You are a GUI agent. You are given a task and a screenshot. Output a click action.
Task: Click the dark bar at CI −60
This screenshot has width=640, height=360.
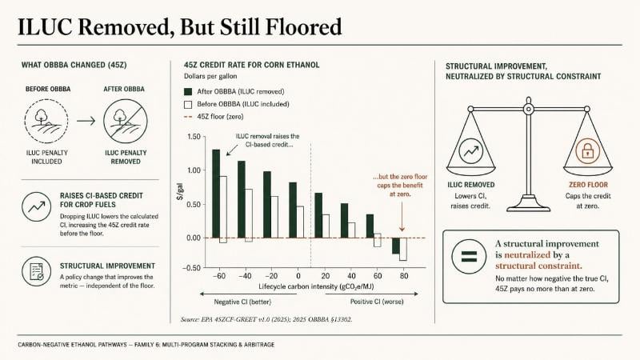coord(216,194)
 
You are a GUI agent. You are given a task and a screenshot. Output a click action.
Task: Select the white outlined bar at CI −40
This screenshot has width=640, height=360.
coord(249,215)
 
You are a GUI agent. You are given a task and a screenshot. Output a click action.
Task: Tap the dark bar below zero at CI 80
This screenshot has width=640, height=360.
coord(395,246)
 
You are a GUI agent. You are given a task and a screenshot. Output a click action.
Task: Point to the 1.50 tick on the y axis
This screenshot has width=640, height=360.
coord(194,137)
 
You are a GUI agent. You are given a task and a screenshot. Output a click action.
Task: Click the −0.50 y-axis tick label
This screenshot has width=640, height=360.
coord(192,268)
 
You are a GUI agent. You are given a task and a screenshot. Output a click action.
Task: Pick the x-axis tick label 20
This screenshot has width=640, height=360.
coord(326,276)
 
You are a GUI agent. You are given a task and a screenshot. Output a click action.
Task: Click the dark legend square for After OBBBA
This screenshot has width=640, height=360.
coord(188,92)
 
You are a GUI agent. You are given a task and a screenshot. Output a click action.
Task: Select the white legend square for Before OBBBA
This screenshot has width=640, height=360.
coord(188,105)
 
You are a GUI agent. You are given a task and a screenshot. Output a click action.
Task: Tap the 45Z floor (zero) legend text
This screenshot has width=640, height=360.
coord(220,117)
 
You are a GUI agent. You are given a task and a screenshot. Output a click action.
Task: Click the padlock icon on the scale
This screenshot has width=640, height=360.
coord(587,150)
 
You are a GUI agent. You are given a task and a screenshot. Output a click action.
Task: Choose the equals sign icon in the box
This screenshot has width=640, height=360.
coord(469,256)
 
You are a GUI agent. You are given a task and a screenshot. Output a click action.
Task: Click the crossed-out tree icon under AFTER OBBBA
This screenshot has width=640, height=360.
coord(126,122)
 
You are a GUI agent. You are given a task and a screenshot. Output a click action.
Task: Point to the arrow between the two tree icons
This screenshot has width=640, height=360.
coord(86,121)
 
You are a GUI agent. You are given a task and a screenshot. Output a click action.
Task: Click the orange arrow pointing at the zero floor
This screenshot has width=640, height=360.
coord(402,216)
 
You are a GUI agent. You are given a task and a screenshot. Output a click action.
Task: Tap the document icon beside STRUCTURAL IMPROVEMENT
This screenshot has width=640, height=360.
coord(36,271)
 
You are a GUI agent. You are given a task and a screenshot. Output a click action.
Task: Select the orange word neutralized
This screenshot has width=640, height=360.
coord(527,254)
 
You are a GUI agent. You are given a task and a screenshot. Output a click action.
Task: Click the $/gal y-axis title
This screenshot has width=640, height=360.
coord(180,191)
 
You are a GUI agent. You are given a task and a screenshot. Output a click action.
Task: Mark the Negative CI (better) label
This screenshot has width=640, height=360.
coord(242,302)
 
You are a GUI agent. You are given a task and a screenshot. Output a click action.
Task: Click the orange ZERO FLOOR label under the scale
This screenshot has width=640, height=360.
coord(588,185)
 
